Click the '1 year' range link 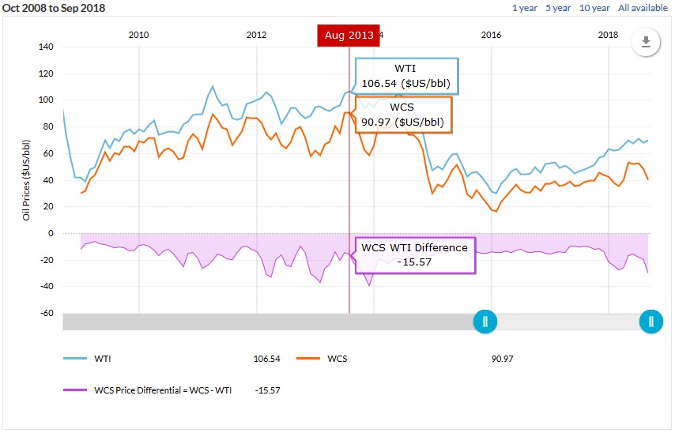pos(525,8)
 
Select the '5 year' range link pos(558,8)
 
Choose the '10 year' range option pos(594,8)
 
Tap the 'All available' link pos(643,8)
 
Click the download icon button pos(646,43)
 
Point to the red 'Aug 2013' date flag pos(349,36)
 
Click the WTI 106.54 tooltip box pos(406,76)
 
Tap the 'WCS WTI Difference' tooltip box pos(415,254)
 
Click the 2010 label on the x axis pos(138,35)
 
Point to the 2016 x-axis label pos(491,35)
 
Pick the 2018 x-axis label pos(608,35)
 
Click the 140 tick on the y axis pos(45,47)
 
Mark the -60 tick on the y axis pos(45,314)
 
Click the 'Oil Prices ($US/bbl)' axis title pos(26,179)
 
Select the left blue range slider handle pos(485,322)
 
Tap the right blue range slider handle pos(651,322)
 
